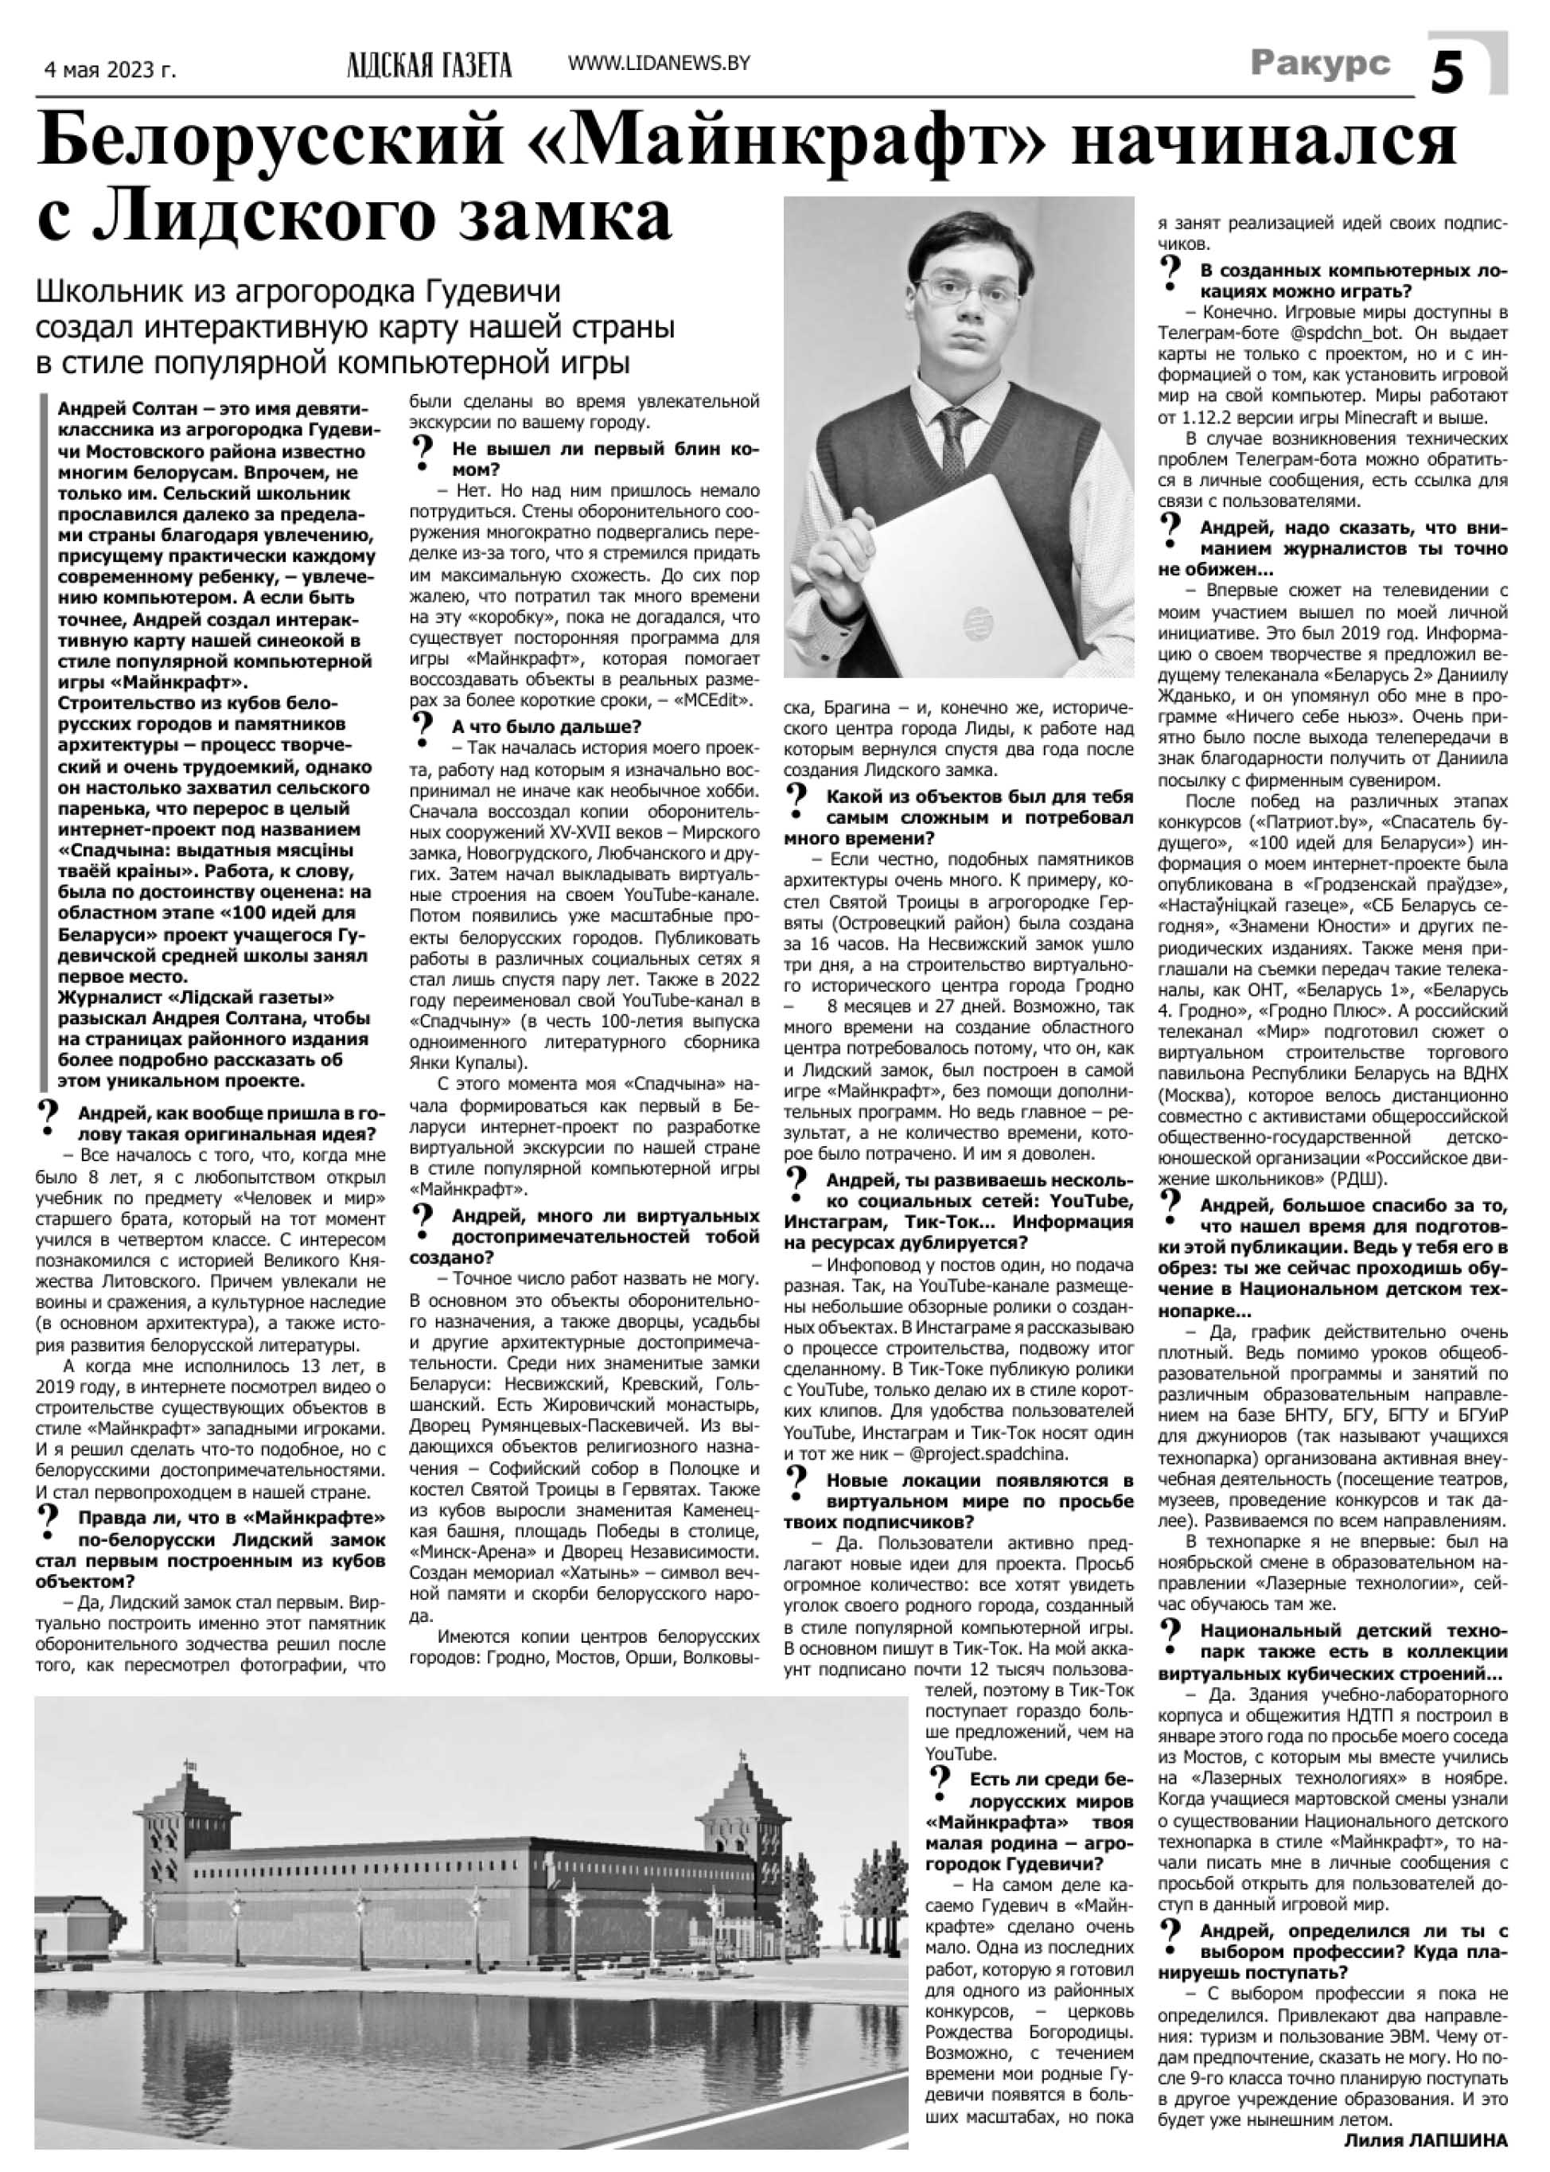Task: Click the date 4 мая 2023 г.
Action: (x=111, y=70)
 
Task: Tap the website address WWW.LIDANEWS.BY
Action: (x=659, y=63)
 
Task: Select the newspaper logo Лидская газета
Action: (x=430, y=65)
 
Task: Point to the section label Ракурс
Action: (x=1320, y=63)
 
